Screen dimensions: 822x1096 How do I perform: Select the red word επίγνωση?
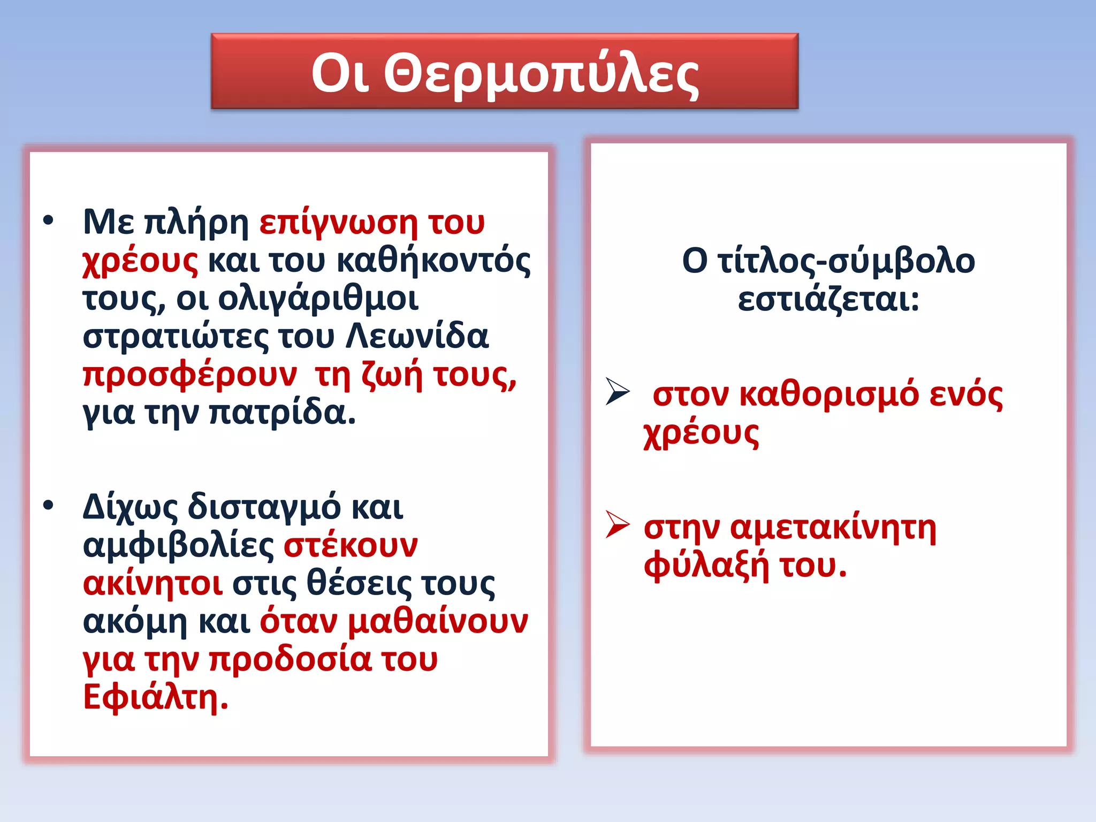pos(338,223)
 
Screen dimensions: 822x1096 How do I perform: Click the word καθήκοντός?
pos(434,261)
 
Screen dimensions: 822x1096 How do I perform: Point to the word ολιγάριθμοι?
pos(318,299)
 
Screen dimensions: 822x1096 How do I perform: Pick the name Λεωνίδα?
pos(417,337)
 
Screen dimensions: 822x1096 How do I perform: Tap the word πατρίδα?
pos(282,413)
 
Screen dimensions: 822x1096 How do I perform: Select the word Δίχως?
pos(130,507)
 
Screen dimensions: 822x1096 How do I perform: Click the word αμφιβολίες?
pos(179,546)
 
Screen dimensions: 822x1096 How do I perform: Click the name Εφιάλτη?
pos(155,698)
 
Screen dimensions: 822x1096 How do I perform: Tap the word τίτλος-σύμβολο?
pos(846,261)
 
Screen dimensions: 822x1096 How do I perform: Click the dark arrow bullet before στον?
pos(618,392)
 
